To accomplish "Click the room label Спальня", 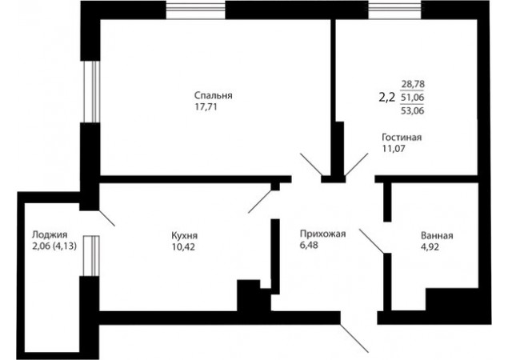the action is [213, 96].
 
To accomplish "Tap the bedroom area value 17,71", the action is [206, 107].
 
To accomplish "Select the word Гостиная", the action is [402, 138].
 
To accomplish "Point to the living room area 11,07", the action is [394, 149].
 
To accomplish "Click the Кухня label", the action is [184, 235].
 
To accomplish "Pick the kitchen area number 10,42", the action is [183, 247].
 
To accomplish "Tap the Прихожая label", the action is [323, 234].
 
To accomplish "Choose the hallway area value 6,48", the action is [309, 245].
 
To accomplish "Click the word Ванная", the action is [437, 235].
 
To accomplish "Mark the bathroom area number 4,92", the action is [430, 247].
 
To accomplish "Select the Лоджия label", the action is [50, 234].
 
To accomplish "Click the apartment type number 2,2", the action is [387, 97].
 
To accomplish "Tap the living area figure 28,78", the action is [413, 84].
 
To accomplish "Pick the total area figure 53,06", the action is [413, 111].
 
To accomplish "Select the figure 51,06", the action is [413, 98].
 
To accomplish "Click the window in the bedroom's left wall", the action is [92, 92].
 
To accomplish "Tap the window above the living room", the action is [394, 10].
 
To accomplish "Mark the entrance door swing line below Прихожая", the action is [354, 338].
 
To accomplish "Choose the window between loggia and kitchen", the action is [91, 256].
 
